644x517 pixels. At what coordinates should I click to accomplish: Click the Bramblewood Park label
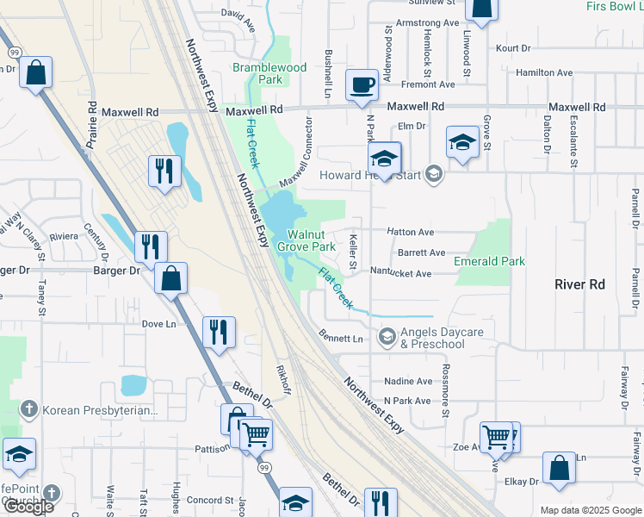269,73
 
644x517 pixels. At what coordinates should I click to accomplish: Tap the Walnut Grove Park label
306,240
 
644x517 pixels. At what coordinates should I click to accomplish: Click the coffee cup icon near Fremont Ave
362,85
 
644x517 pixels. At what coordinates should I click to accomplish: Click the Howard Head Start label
369,175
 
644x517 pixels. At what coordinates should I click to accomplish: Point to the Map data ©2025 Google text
590,510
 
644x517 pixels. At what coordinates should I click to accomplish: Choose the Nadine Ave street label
408,381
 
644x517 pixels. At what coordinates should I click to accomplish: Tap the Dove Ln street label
158,324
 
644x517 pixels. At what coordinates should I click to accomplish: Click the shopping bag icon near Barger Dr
171,279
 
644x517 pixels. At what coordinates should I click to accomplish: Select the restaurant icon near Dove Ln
218,333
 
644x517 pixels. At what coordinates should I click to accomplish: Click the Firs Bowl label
614,7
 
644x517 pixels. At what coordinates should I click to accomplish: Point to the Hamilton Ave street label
547,73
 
